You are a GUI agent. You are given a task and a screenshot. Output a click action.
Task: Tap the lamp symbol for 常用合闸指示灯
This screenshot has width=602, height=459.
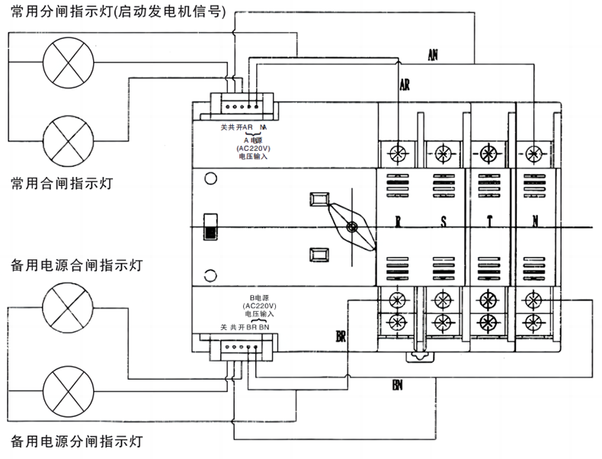click(x=69, y=137)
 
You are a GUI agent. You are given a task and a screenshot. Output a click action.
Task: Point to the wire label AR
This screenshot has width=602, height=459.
click(x=405, y=85)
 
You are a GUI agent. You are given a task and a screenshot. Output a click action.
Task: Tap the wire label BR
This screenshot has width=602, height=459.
click(x=341, y=335)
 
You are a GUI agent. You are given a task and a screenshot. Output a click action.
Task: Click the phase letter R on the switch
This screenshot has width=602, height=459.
click(x=398, y=223)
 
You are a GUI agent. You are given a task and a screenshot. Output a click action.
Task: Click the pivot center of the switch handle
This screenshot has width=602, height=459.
click(x=351, y=227)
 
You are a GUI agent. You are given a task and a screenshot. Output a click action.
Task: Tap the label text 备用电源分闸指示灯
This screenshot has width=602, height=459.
click(x=76, y=441)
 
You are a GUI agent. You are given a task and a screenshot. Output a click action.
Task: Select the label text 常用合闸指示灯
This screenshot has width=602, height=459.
click(x=62, y=184)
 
